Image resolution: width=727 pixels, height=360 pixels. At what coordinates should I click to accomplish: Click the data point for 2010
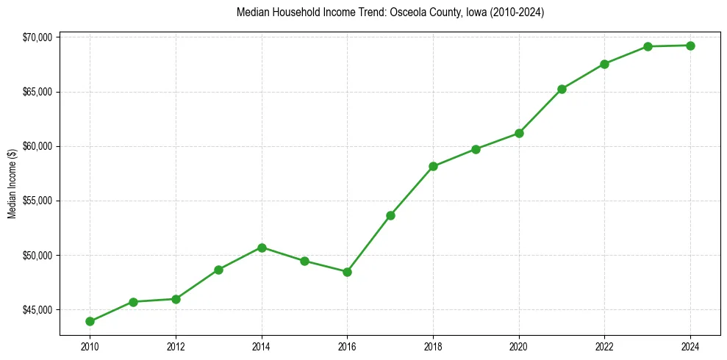(x=90, y=321)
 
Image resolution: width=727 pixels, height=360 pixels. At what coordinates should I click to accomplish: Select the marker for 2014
(x=262, y=248)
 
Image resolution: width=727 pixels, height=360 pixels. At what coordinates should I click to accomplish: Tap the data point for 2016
(x=347, y=272)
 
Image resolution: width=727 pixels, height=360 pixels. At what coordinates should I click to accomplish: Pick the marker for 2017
(x=390, y=215)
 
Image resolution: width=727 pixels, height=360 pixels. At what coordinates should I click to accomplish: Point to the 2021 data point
(x=562, y=89)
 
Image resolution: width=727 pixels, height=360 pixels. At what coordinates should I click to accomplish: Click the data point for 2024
(x=690, y=46)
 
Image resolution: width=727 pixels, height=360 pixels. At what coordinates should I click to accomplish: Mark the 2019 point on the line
(x=476, y=149)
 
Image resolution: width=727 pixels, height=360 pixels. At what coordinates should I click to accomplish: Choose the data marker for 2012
(x=176, y=299)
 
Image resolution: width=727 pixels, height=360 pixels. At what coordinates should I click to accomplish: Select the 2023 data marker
(x=648, y=46)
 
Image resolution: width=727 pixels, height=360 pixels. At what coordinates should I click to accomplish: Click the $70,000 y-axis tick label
(x=37, y=37)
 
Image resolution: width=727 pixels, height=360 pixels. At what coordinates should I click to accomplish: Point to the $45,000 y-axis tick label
(x=37, y=309)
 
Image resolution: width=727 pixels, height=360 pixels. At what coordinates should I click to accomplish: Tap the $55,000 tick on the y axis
(x=37, y=201)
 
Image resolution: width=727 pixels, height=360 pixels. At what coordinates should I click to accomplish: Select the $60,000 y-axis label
(x=37, y=146)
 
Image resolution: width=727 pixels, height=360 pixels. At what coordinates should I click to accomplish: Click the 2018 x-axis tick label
(x=433, y=346)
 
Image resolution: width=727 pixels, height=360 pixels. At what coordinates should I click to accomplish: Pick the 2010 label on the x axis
(x=90, y=346)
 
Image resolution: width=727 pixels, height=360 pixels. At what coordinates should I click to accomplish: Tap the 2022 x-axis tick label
(x=604, y=346)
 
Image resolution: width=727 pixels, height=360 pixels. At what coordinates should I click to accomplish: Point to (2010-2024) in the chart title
(x=515, y=12)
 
